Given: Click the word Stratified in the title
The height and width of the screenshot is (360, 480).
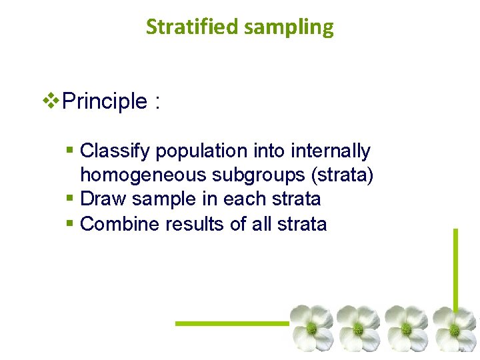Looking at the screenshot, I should pyautogui.click(x=183, y=27).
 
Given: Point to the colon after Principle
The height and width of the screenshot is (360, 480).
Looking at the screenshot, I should pyautogui.click(x=157, y=103).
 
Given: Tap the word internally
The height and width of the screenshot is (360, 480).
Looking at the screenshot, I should pyautogui.click(x=331, y=151).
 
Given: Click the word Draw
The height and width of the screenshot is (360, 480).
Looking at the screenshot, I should pyautogui.click(x=103, y=199).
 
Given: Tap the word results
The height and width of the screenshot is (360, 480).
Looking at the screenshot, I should pyautogui.click(x=195, y=224).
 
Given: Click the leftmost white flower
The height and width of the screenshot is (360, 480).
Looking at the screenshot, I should pyautogui.click(x=311, y=327).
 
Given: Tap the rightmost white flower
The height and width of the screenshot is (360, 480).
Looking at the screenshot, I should pyautogui.click(x=456, y=327).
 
